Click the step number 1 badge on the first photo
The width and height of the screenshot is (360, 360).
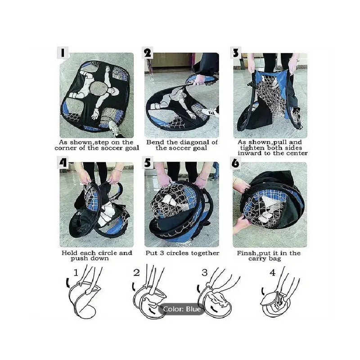[x=63, y=53]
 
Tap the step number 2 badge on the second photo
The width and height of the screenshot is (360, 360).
[x=148, y=53]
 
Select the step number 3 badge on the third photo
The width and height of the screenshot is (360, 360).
[x=236, y=53]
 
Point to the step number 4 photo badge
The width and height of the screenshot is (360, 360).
[x=63, y=162]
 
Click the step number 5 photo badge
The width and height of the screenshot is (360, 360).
[x=148, y=162]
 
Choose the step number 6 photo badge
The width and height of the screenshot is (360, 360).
[x=235, y=162]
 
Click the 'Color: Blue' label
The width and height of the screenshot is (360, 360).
[x=181, y=309]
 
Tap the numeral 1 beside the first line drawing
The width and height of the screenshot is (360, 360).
[x=76, y=273]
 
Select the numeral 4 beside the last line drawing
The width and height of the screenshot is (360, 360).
[x=273, y=273]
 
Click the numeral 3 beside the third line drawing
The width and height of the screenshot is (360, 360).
[x=204, y=273]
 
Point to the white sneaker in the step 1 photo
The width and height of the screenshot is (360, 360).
[x=114, y=129]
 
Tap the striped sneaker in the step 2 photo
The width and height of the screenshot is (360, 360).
[x=210, y=112]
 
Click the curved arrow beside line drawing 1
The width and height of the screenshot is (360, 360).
[x=67, y=283]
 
